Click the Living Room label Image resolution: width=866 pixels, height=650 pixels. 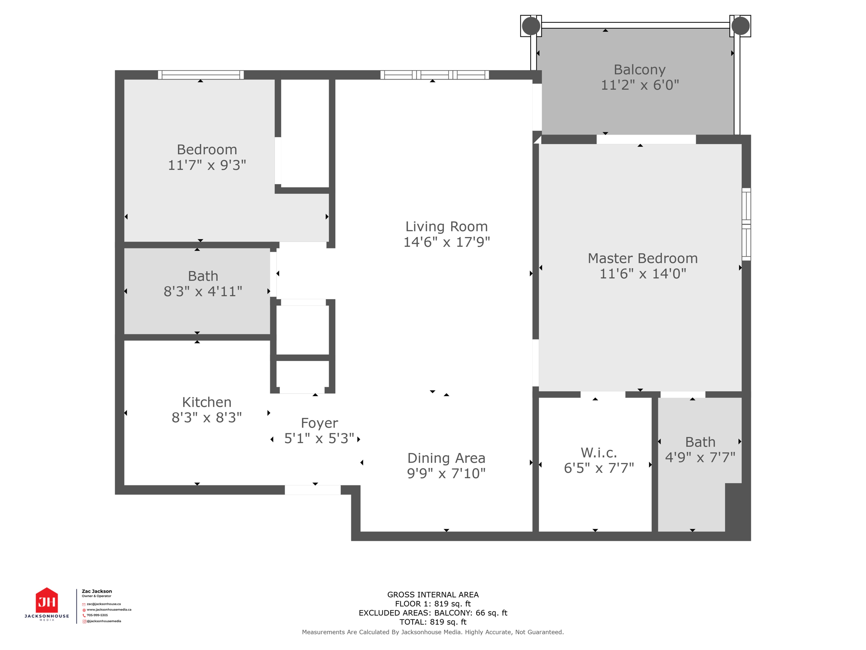446,226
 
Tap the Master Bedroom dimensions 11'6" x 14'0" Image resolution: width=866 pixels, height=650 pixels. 642,274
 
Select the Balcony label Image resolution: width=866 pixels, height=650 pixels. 639,69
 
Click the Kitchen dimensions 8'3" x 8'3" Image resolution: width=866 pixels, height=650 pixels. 206,418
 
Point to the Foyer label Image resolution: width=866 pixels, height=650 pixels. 319,423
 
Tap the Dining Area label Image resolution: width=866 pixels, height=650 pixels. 446,458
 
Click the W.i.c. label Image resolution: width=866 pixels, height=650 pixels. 599,453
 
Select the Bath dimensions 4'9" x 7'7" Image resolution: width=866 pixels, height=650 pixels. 700,457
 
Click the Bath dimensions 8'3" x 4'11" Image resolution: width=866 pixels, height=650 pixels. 203,292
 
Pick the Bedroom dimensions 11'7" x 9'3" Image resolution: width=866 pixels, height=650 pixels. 207,165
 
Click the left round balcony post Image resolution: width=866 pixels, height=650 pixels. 531,26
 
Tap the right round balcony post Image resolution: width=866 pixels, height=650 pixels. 740,26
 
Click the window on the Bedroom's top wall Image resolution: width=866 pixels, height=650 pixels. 201,75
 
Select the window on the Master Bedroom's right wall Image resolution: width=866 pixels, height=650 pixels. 746,224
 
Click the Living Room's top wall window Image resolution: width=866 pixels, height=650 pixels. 435,75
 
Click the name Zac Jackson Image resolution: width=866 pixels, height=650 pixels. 97,591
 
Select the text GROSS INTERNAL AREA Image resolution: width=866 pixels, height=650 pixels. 433,595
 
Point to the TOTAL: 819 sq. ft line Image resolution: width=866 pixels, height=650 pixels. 433,622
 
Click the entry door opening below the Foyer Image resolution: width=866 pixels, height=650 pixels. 312,490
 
